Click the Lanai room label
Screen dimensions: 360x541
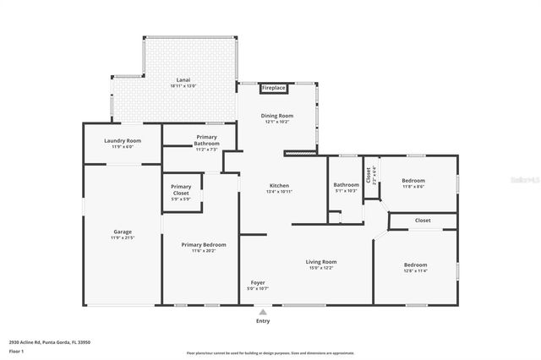[183, 80]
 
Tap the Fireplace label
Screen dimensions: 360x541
[274, 87]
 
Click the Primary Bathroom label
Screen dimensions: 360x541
[207, 140]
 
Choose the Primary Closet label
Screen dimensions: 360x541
[181, 187]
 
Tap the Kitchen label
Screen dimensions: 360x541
[279, 185]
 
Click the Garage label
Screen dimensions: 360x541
[123, 232]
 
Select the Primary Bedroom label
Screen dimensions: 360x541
[204, 245]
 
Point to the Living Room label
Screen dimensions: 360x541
[321, 262]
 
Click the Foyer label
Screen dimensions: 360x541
[258, 282]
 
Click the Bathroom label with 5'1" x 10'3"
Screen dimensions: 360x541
[346, 185]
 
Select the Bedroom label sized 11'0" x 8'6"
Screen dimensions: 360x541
[413, 181]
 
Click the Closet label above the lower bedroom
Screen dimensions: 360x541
[423, 220]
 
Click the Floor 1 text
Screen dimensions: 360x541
[16, 351]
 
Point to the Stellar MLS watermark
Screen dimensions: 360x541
[522, 180]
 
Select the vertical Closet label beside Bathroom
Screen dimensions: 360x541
[369, 175]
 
